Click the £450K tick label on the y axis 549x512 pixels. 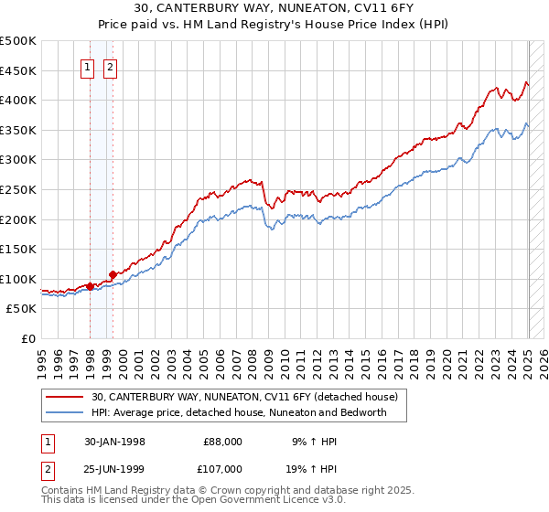tap(17, 70)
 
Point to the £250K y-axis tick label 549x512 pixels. tap(17, 189)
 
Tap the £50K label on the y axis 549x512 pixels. tap(21, 309)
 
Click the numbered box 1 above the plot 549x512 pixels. tap(88, 66)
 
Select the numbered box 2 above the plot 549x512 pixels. tap(110, 66)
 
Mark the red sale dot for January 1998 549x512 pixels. tap(90, 286)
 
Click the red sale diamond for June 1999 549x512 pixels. tap(112, 274)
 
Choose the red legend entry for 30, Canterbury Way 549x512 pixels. tap(244, 397)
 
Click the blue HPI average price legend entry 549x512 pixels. tap(239, 412)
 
